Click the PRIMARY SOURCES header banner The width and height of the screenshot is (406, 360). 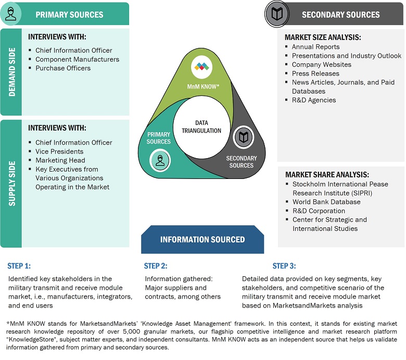click(x=69, y=15)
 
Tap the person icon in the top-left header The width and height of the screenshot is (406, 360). click(x=11, y=15)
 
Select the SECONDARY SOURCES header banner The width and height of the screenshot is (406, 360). click(x=340, y=15)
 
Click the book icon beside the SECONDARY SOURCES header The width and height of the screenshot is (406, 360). click(x=274, y=14)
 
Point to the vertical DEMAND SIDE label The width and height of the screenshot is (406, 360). click(x=11, y=72)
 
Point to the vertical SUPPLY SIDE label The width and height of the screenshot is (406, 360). click(x=11, y=184)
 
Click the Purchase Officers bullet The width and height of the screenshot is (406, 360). click(x=62, y=68)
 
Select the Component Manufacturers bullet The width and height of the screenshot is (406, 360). click(x=77, y=59)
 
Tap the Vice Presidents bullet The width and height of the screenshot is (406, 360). click(x=59, y=151)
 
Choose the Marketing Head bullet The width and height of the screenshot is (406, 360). click(x=60, y=160)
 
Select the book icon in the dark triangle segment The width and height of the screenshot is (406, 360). click(x=242, y=137)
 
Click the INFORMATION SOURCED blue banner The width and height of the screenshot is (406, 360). click(x=202, y=240)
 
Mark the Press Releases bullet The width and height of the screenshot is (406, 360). click(x=316, y=73)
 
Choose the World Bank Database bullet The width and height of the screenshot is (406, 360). click(x=326, y=202)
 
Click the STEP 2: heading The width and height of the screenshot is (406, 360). click(x=155, y=266)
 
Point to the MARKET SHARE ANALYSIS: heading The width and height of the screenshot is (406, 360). click(x=326, y=174)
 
